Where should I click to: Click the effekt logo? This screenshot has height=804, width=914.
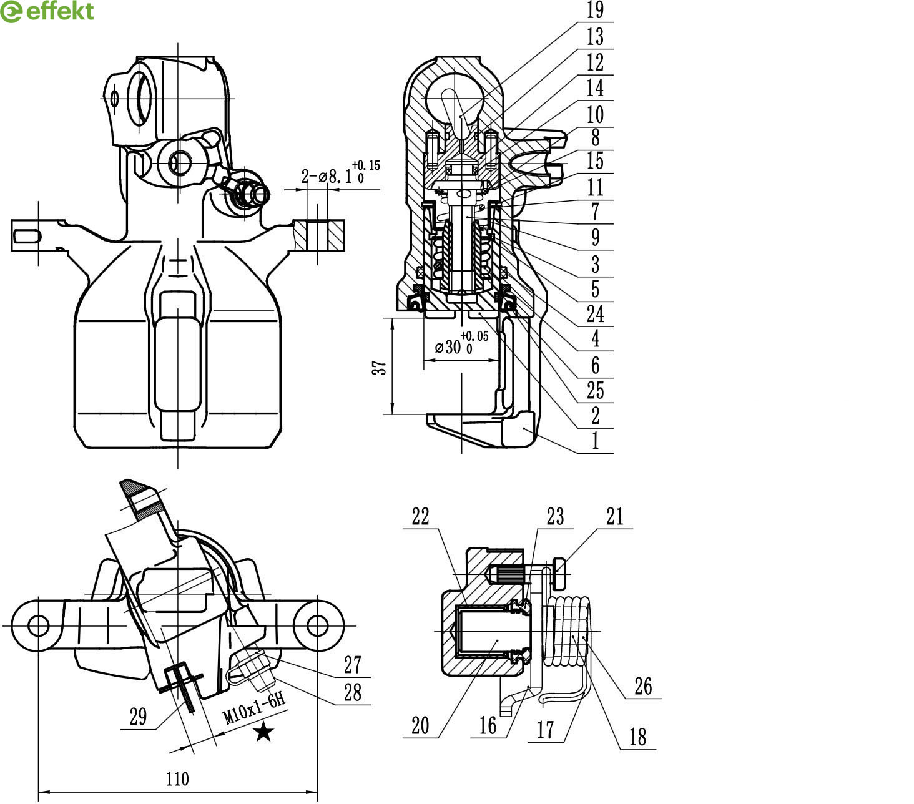47,11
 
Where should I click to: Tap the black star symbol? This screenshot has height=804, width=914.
263,732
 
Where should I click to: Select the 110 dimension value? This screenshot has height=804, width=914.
177,779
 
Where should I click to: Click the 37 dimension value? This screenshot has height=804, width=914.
380,366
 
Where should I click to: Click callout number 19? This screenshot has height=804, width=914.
595,11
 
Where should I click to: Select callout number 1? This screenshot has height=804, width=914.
595,441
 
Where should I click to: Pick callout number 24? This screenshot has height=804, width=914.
595,314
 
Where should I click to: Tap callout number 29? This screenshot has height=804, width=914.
138,717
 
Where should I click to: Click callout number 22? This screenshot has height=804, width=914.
421,517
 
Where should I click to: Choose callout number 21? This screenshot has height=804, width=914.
615,517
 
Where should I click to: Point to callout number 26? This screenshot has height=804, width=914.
643,686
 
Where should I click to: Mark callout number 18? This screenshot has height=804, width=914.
637,737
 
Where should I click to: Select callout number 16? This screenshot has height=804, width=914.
488,725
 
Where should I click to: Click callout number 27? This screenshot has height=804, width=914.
353,665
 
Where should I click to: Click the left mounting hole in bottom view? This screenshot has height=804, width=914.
38,625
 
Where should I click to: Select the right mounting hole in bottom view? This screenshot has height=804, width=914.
317,625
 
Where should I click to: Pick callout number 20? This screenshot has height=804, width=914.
420,725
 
